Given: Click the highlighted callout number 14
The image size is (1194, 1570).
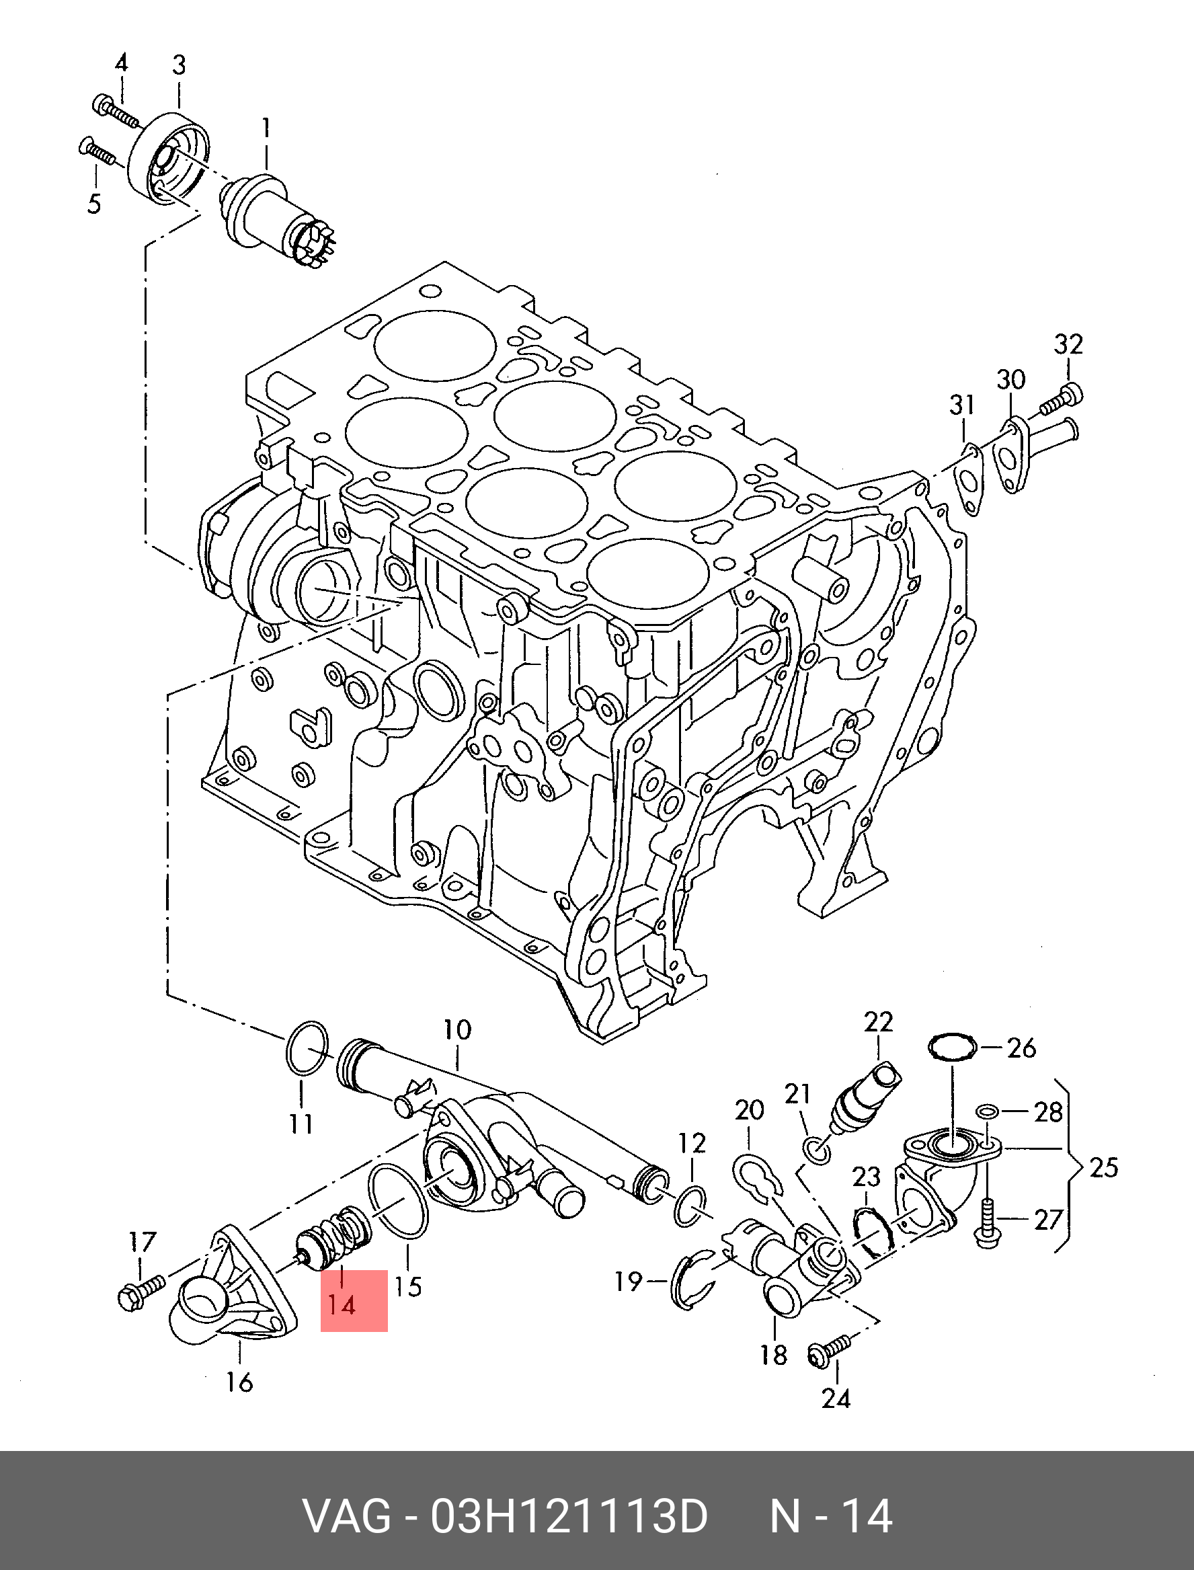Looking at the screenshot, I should pyautogui.click(x=341, y=1306).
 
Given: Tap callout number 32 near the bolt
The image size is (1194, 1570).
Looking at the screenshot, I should pyautogui.click(x=1068, y=345).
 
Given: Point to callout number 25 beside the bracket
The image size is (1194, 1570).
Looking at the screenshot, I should pyautogui.click(x=1103, y=1167).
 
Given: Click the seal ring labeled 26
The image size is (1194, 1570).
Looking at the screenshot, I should pyautogui.click(x=953, y=1048).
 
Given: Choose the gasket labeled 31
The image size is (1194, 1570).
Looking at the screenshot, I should pyautogui.click(x=969, y=477).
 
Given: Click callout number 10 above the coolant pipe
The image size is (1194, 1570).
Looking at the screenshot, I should pyautogui.click(x=457, y=1030).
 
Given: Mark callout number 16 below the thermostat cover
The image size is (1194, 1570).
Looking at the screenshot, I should pyautogui.click(x=239, y=1382).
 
